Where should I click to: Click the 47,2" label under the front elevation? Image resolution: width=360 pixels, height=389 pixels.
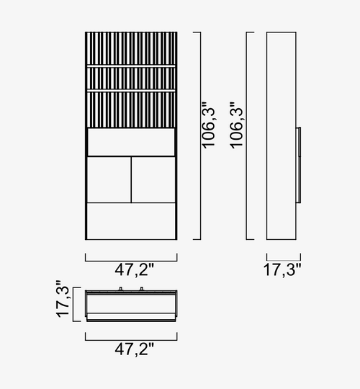coord(134,270)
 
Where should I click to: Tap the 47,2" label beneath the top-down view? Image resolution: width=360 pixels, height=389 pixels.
coord(134,349)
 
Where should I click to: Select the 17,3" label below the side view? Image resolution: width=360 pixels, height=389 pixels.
coord(282,270)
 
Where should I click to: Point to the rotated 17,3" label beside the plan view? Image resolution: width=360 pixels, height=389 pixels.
coord(63,299)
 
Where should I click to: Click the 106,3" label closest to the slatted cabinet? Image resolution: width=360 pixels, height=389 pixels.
coord(208,125)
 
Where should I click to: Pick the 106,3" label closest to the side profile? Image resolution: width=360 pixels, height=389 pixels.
coord(236,125)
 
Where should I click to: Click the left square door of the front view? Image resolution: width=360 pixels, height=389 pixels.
coord(109,179)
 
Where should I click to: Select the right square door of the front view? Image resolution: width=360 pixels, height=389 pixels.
coord(153,179)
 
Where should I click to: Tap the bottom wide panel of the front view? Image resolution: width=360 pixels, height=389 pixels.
coord(131,221)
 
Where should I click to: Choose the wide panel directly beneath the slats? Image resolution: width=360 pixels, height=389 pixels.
coord(131,142)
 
